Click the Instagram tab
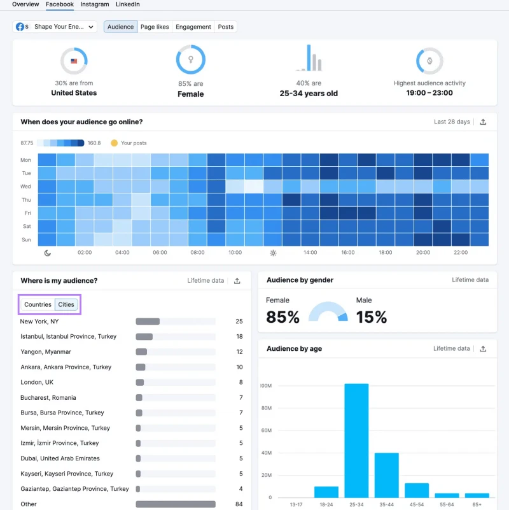click(x=95, y=4)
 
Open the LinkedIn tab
click(x=128, y=4)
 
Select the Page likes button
click(x=155, y=27)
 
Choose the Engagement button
click(x=193, y=27)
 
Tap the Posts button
click(x=226, y=27)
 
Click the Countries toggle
click(x=38, y=304)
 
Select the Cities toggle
click(x=66, y=304)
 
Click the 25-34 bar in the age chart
click(x=356, y=441)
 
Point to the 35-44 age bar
click(x=386, y=475)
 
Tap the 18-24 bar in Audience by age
click(x=326, y=492)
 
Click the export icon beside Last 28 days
click(x=483, y=122)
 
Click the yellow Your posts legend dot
click(x=114, y=143)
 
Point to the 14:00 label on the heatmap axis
click(x=310, y=252)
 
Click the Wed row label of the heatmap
click(x=25, y=187)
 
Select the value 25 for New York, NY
click(x=239, y=322)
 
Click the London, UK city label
click(x=37, y=382)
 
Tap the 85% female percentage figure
click(x=282, y=317)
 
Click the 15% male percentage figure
click(x=372, y=317)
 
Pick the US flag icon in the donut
click(x=74, y=61)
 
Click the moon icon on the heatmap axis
click(x=48, y=253)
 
